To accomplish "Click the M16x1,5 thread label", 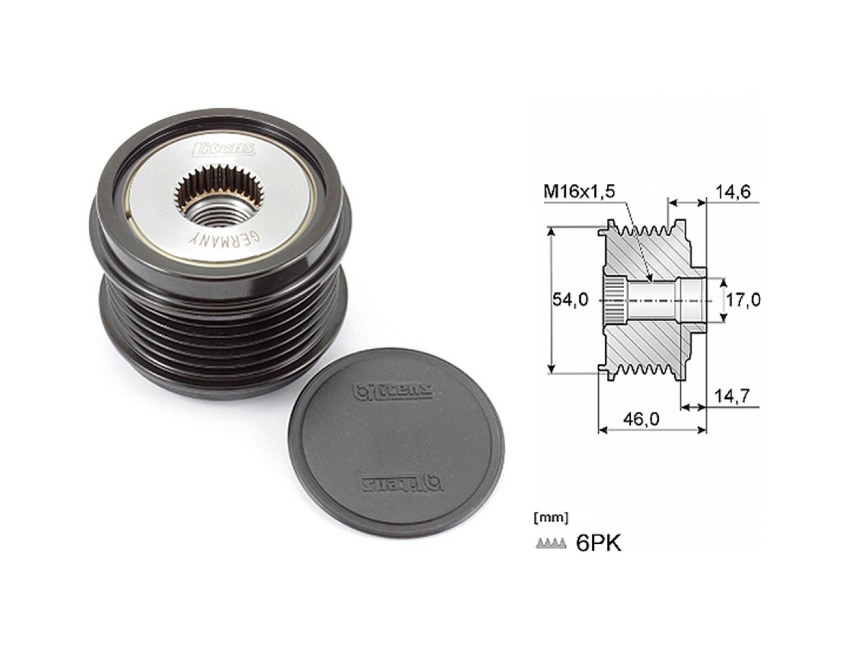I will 579,192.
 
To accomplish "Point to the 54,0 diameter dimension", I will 570,300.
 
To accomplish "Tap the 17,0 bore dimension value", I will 743,300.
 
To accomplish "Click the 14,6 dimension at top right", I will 733,192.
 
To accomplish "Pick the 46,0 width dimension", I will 642,419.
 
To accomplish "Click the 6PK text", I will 598,543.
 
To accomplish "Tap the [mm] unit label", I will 551,518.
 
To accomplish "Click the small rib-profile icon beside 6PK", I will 550,543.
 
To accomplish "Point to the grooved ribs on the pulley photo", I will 222,336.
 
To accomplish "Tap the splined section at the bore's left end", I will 614,300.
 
